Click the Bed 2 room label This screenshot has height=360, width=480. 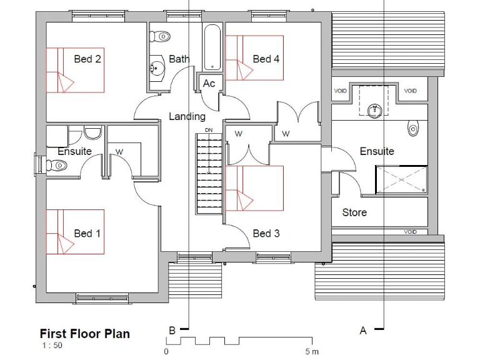[87, 59]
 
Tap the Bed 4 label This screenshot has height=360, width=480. [266, 59]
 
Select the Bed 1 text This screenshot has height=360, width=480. [87, 233]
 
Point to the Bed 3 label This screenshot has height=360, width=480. [266, 233]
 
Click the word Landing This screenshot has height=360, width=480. [187, 116]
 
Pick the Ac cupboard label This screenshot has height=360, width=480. [209, 83]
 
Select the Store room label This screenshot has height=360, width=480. [354, 212]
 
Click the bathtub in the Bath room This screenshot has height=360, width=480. [212, 47]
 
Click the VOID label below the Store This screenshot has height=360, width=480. [410, 232]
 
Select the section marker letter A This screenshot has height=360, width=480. [362, 331]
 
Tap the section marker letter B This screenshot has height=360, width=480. [172, 331]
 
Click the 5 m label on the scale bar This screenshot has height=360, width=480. [311, 352]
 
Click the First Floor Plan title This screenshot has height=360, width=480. [85, 334]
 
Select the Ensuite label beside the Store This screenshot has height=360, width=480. [377, 151]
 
